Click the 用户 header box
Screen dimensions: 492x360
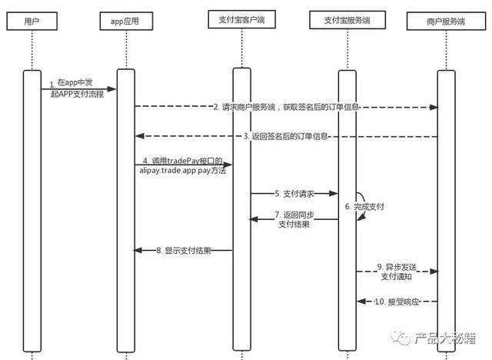pos(32,22)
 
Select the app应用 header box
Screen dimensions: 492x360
pos(126,22)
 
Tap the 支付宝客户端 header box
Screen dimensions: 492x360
pos(242,19)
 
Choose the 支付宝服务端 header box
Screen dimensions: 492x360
pos(347,20)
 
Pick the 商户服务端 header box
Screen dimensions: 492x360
pos(446,22)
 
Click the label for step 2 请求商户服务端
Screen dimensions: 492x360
pos(286,107)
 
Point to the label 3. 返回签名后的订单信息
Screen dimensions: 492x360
pos(286,136)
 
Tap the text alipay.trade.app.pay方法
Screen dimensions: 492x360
pos(183,171)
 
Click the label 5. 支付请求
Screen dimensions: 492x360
pos(294,194)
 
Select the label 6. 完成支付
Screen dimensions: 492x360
pos(364,206)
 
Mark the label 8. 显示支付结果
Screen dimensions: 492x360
pos(184,251)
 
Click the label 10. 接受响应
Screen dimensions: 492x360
pos(397,302)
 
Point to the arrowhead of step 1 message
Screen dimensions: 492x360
pos(111,89)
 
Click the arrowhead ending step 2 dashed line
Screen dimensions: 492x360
pos(434,108)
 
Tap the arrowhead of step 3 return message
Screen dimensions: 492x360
pos(140,136)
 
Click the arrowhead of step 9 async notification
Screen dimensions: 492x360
pos(434,272)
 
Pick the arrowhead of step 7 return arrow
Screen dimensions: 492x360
pos(254,219)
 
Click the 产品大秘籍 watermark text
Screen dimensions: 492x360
pos(445,338)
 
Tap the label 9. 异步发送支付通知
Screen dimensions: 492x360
pos(397,272)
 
